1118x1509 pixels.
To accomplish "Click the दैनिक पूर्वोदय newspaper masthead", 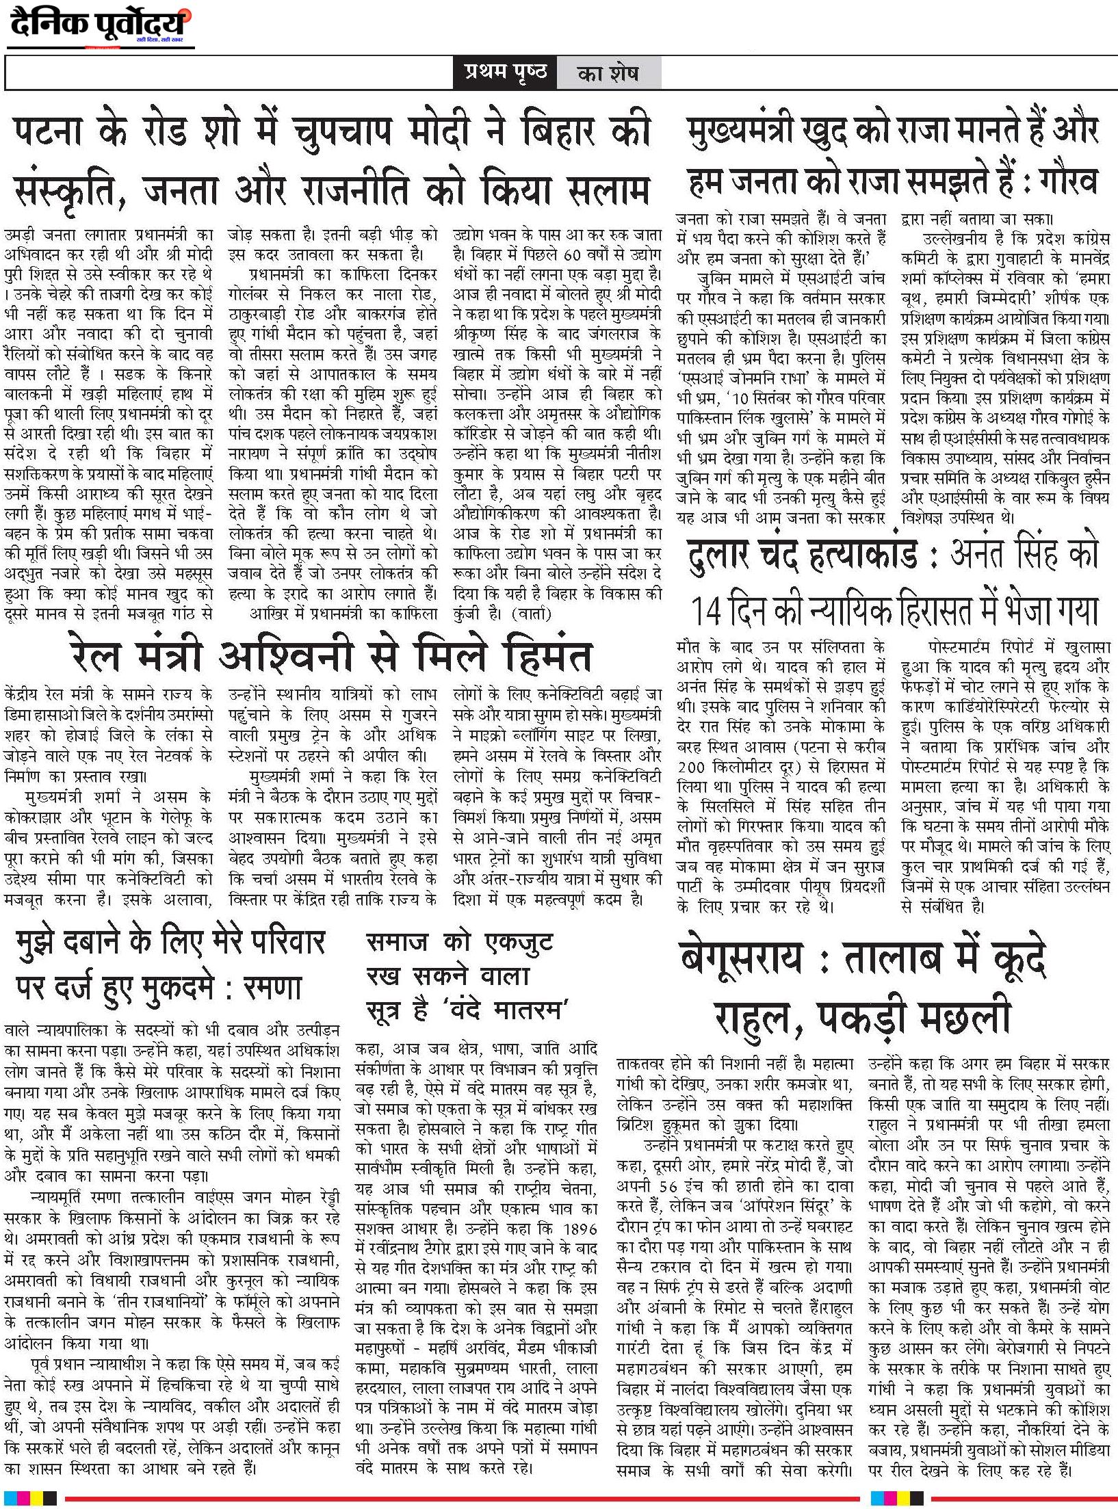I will [99, 25].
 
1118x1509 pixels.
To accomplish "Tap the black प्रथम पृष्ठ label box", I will [505, 73].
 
